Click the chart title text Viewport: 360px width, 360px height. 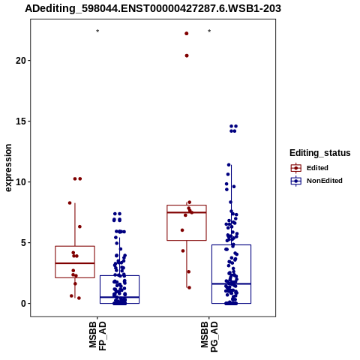point(153,8)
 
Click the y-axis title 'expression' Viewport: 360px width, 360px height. point(8,168)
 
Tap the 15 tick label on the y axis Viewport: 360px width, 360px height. point(21,121)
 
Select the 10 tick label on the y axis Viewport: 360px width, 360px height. point(21,182)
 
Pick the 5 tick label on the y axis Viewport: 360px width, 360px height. point(23,243)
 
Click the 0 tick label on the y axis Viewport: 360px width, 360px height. point(23,304)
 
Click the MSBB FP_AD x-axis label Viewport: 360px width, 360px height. point(97,335)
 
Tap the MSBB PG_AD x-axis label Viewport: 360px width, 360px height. point(209,336)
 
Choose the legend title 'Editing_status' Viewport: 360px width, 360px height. point(320,153)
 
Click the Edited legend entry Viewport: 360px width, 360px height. point(310,168)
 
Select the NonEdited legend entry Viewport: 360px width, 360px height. point(316,181)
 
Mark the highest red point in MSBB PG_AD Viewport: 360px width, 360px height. point(187,34)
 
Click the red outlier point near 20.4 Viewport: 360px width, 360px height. point(187,55)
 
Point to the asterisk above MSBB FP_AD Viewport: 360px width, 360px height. point(97,31)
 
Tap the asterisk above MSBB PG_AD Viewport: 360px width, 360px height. point(209,31)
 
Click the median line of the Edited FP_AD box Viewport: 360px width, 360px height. point(75,263)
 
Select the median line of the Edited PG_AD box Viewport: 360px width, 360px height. point(187,212)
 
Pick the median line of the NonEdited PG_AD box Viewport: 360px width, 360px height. point(231,283)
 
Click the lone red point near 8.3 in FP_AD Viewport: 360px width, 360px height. point(70,202)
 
